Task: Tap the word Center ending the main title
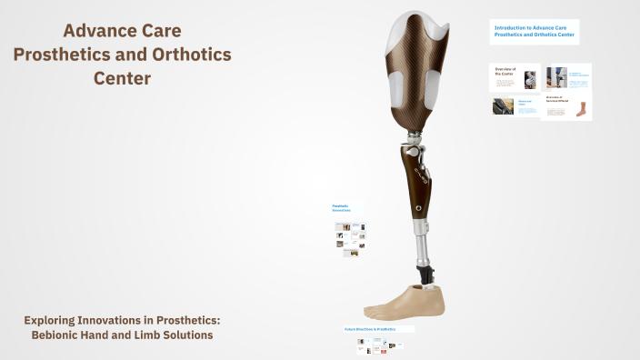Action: [123, 78]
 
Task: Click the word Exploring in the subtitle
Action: [55, 320]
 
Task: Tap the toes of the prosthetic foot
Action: [377, 310]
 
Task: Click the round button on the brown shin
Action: [417, 208]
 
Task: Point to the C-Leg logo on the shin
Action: [420, 169]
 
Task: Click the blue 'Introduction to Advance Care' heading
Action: [534, 31]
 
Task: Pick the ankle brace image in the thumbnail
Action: [581, 110]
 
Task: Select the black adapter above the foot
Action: [424, 272]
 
